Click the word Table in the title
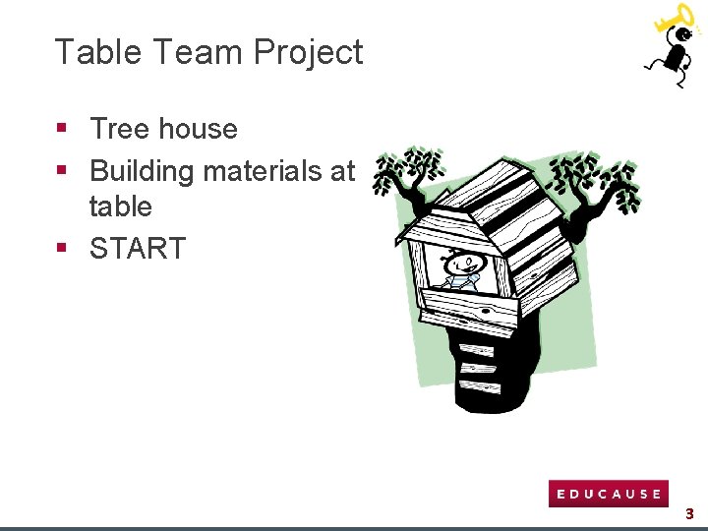coord(90,52)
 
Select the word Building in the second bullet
coord(142,171)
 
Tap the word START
coord(138,249)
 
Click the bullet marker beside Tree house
coord(61,128)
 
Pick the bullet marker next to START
coord(61,247)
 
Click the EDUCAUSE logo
coord(608,494)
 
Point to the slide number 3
coord(689,513)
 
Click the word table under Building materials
coord(121,207)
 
